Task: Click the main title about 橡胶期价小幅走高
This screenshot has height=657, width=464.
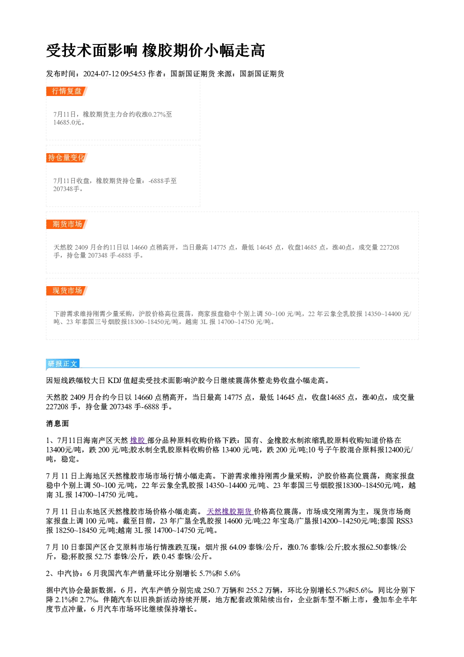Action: [156, 51]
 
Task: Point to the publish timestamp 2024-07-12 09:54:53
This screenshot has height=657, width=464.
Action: [115, 74]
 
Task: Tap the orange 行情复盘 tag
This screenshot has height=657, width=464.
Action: [66, 91]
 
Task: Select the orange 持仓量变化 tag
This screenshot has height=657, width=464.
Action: [66, 158]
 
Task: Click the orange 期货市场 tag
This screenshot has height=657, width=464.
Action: [66, 224]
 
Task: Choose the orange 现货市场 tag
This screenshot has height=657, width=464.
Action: [66, 291]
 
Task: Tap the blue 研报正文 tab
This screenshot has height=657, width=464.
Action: [63, 364]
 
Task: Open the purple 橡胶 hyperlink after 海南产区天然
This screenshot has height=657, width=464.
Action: [138, 440]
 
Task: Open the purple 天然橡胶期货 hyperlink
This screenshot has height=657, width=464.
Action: [229, 511]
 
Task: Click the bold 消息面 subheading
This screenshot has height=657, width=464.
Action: [58, 423]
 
